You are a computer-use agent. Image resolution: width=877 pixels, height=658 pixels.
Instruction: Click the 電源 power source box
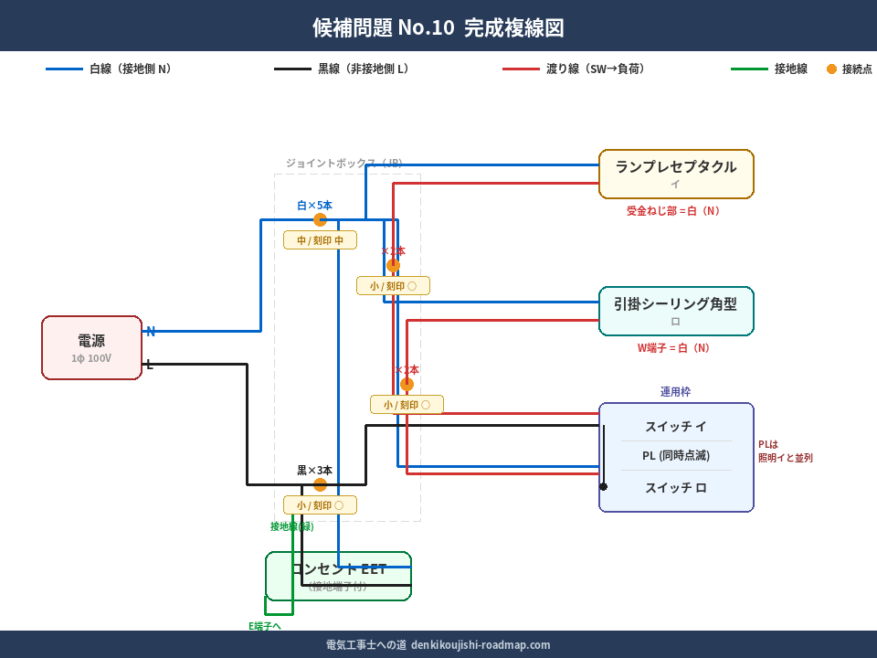[x=91, y=347]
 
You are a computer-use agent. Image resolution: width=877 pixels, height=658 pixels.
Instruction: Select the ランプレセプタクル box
[x=676, y=174]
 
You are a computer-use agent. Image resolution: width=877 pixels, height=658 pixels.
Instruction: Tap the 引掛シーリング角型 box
[x=676, y=311]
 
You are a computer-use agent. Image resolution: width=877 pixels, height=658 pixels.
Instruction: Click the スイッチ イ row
[x=676, y=427]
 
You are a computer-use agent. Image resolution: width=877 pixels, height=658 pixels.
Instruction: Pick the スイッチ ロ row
[x=676, y=488]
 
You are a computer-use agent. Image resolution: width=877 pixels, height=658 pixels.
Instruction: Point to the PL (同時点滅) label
[x=676, y=456]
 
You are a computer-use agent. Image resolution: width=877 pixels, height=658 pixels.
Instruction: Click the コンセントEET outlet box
[x=338, y=576]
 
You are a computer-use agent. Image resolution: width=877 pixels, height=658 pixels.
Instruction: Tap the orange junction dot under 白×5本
[x=320, y=219]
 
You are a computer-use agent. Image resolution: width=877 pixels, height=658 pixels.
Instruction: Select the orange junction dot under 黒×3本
[x=320, y=484]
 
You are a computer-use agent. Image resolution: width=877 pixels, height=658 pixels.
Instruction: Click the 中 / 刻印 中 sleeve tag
[x=320, y=240]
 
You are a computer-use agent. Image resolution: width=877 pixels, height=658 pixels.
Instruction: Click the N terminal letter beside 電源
[x=151, y=331]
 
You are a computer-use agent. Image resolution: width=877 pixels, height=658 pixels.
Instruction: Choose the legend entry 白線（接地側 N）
[x=110, y=69]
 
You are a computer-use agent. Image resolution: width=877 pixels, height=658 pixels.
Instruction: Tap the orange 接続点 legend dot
[x=831, y=69]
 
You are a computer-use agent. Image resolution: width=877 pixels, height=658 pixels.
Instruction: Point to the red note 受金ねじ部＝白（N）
[x=675, y=211]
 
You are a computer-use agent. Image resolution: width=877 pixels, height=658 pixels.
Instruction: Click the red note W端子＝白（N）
[x=675, y=348]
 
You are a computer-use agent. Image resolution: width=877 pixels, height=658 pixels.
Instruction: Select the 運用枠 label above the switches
[x=675, y=391]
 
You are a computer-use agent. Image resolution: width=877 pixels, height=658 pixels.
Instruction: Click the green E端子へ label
[x=265, y=626]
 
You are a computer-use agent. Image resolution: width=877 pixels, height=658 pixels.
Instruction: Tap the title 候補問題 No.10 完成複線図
[x=438, y=27]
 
